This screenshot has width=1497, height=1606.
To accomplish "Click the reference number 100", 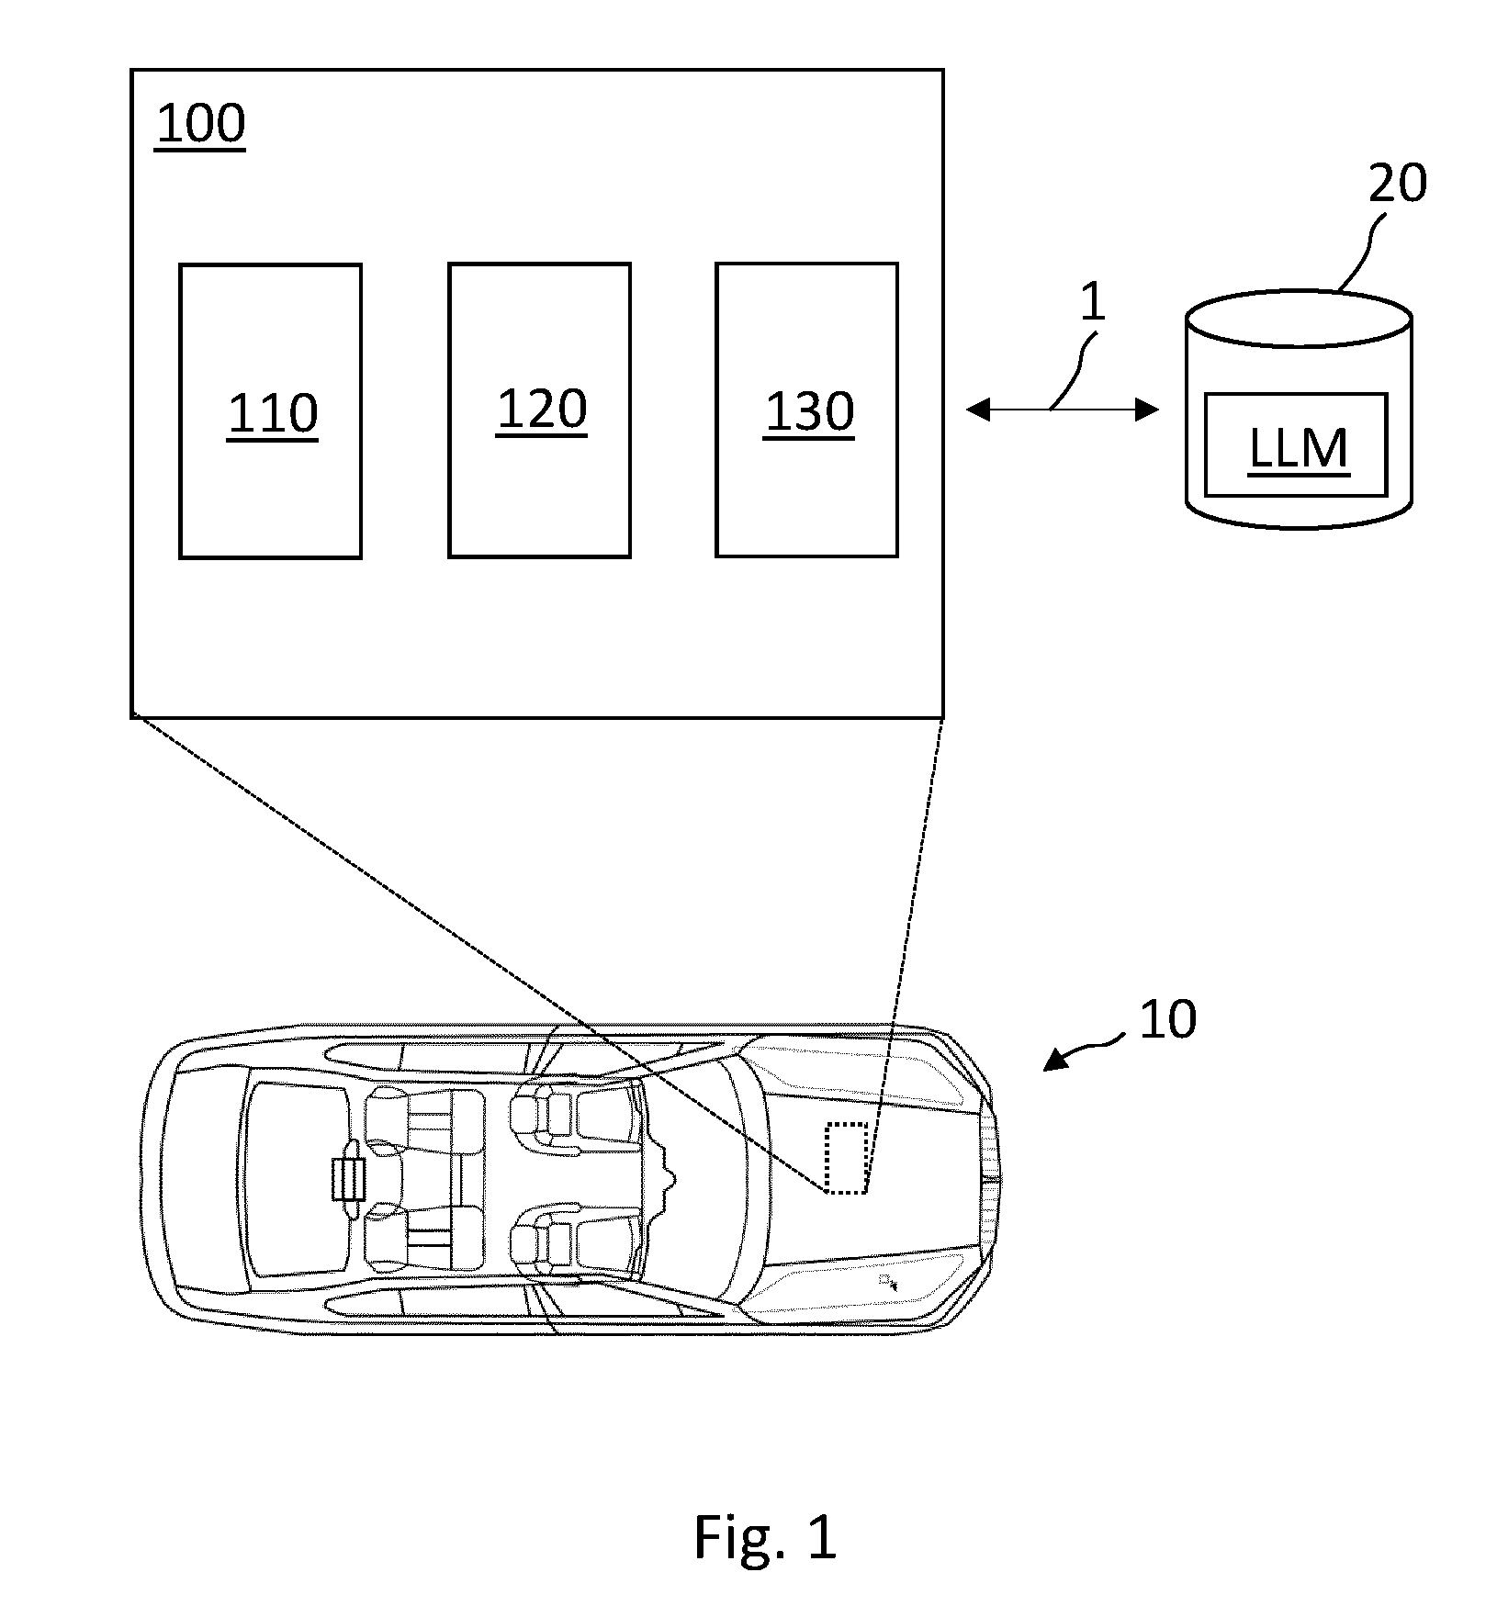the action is [x=200, y=125].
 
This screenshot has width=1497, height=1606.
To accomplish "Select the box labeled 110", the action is [x=270, y=411].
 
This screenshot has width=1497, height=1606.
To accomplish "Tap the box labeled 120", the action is [x=539, y=410].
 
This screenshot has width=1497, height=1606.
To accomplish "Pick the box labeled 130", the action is [x=806, y=410].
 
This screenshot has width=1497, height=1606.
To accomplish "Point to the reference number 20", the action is [x=1397, y=183].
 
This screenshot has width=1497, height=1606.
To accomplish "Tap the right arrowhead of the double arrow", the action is [x=1147, y=410].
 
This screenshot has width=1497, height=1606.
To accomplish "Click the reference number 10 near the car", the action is [x=1167, y=1019].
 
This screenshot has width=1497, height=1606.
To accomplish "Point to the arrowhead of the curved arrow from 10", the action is [x=1053, y=1061].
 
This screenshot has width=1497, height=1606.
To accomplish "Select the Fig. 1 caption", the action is [x=765, y=1537].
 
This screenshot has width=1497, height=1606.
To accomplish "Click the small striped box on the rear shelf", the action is [x=347, y=1179].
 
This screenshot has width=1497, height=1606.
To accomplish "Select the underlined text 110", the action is [x=273, y=414].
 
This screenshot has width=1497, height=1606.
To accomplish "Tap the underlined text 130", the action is [x=809, y=412].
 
